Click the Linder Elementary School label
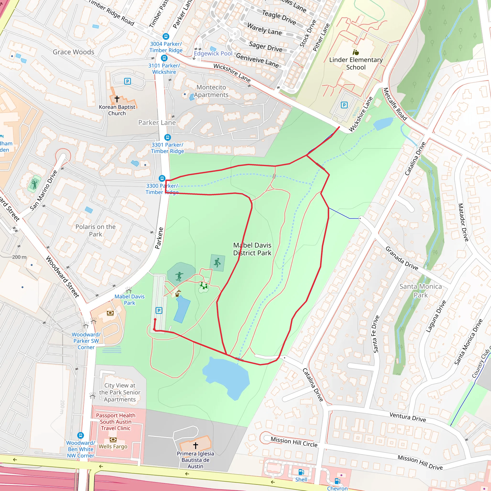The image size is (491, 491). (x=356, y=64)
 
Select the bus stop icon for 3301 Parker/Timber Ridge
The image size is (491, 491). (x=167, y=137)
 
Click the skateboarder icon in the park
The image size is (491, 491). (x=179, y=276)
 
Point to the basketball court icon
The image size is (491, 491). (x=217, y=263)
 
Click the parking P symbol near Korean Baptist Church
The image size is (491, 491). (x=127, y=81)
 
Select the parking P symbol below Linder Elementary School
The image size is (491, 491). (x=344, y=105)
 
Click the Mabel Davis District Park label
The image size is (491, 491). (x=252, y=249)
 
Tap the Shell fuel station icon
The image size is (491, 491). (x=301, y=472)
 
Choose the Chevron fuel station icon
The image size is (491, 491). (x=337, y=481)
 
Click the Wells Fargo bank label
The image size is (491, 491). (x=113, y=446)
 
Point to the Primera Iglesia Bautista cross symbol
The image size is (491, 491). (x=195, y=445)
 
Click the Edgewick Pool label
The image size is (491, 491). (x=213, y=53)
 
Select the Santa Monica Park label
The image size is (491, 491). (x=420, y=291)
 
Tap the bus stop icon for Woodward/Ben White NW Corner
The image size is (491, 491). (x=81, y=435)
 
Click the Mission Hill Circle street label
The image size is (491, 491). (x=294, y=442)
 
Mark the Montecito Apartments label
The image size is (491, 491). (x=211, y=91)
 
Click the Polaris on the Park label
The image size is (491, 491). (x=96, y=230)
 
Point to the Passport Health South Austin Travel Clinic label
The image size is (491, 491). (x=116, y=422)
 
